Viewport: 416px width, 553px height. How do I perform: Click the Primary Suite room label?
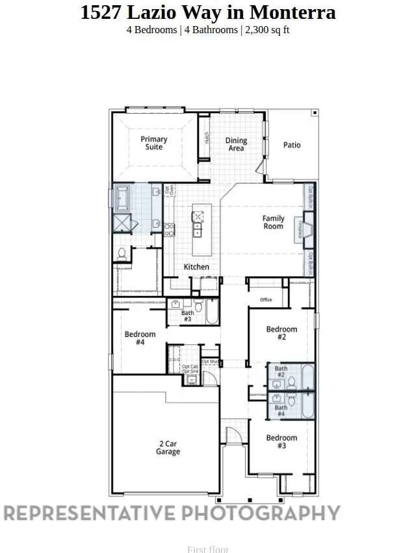pos(154,143)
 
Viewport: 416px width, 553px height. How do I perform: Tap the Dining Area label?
pos(236,144)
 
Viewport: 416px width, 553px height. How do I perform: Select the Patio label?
pos(292,145)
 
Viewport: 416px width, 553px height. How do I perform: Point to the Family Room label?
pos(273,223)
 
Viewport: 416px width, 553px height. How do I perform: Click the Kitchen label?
pos(196,267)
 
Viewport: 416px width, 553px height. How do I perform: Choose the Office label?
pos(265,300)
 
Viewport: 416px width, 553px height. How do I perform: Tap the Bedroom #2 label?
pos(281,333)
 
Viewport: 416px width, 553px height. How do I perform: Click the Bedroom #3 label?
pos(281,442)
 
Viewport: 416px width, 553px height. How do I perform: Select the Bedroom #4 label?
pos(140,338)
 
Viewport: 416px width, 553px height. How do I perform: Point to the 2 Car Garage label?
pos(168,448)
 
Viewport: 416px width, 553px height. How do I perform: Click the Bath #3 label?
pos(187,316)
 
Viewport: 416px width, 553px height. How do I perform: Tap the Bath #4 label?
pos(281,411)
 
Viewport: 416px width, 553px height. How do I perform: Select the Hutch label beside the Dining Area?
pos(206,137)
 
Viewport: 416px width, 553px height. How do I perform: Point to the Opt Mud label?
pos(210,361)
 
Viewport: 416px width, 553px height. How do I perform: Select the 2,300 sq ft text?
pos(265,30)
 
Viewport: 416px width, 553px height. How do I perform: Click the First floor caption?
pos(208,549)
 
